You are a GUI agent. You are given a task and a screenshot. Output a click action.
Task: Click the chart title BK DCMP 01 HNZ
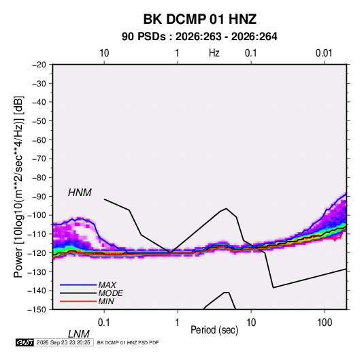pos(200,19)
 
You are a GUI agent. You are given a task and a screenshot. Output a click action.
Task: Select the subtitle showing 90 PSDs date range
pos(199,37)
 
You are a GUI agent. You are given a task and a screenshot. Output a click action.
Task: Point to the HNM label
pos(80,193)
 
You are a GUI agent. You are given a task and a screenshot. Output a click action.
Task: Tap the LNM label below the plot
pos(79,334)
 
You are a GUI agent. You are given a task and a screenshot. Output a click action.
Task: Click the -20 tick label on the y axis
pos(39,65)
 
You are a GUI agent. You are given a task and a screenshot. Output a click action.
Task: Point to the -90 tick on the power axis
pos(39,197)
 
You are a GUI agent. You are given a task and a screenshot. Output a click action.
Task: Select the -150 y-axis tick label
pos(37,310)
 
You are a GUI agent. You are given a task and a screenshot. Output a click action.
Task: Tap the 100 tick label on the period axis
pos(325,323)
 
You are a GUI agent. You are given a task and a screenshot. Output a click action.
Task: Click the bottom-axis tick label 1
pos(178,323)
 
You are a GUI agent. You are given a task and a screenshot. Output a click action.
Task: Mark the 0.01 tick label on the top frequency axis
pos(324,53)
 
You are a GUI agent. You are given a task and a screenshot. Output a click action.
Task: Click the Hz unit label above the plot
pos(214,53)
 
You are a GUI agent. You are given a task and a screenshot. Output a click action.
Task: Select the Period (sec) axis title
pos(214,330)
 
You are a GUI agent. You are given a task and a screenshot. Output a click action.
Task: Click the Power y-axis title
pos(18,187)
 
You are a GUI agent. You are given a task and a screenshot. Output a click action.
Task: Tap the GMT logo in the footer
pos(25,342)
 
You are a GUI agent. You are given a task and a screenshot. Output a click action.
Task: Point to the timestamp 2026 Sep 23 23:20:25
pos(63,342)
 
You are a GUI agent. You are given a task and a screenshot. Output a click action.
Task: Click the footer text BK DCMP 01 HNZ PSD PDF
pos(128,342)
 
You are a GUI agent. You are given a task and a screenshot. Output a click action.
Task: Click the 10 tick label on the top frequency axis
pos(104,53)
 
